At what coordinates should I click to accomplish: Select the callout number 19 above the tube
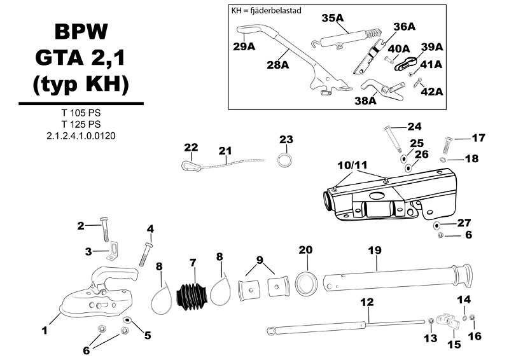[375, 250]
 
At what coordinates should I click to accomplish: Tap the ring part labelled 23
[285, 160]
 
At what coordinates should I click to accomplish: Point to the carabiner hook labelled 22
[191, 166]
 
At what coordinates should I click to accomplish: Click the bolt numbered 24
[393, 139]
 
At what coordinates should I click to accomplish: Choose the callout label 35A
[332, 18]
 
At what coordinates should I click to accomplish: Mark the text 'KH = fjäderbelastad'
[266, 10]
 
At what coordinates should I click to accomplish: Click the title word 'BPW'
[81, 32]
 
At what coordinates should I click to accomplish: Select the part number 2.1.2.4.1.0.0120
[81, 135]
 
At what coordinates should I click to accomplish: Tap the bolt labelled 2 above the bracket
[105, 230]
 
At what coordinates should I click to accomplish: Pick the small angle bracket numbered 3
[113, 251]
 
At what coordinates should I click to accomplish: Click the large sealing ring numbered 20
[306, 284]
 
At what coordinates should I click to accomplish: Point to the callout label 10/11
[352, 165]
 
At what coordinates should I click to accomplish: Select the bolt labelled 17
[447, 145]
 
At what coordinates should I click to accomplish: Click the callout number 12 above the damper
[367, 302]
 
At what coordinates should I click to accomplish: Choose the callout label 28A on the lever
[278, 65]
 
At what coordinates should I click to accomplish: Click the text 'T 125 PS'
[81, 124]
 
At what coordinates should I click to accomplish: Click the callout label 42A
[432, 92]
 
